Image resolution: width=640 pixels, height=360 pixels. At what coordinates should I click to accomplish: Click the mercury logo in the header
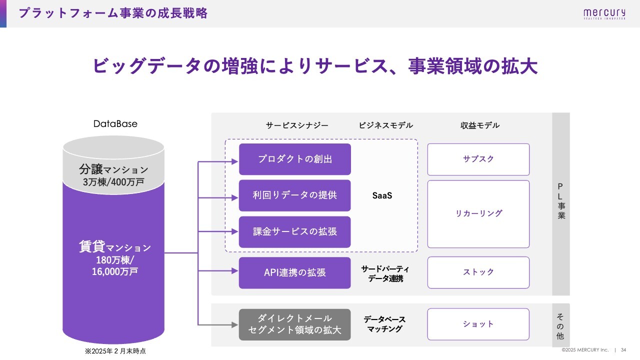point(604,13)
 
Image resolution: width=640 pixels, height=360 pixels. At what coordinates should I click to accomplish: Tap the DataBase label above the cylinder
point(115,123)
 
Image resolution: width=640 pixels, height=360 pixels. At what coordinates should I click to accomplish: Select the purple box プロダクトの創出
point(295,159)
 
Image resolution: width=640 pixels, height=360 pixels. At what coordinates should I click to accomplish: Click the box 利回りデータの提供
point(295,195)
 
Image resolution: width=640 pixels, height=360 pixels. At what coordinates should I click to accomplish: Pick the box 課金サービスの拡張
point(295,231)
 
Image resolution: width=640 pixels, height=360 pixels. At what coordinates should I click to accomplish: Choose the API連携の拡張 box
point(295,272)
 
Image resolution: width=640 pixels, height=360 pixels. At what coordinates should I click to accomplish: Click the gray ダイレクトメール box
point(295,324)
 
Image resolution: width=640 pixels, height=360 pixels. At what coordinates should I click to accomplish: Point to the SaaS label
point(382,195)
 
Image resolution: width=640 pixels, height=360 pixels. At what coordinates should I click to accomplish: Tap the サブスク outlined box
point(478,159)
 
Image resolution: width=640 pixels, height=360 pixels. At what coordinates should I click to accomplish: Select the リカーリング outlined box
point(478,214)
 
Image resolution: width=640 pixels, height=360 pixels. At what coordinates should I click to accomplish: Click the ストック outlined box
point(478,272)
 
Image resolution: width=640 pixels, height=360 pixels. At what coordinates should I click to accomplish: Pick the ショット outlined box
point(478,324)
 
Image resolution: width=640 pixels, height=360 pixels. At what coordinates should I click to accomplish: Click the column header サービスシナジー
point(297,125)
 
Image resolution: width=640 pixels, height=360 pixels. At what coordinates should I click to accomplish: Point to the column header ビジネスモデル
point(385,125)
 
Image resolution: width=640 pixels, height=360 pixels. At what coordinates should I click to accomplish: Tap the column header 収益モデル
point(480,125)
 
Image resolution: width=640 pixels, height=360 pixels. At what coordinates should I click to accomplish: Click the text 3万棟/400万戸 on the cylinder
point(113,182)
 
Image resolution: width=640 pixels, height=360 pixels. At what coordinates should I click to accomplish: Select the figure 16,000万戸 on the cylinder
point(115,271)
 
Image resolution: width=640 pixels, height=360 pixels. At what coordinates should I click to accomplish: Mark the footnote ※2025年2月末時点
point(115,351)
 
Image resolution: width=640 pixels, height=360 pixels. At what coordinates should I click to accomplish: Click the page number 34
point(623,350)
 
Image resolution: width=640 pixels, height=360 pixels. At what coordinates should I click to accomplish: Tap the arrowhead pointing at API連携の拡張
point(235,271)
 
